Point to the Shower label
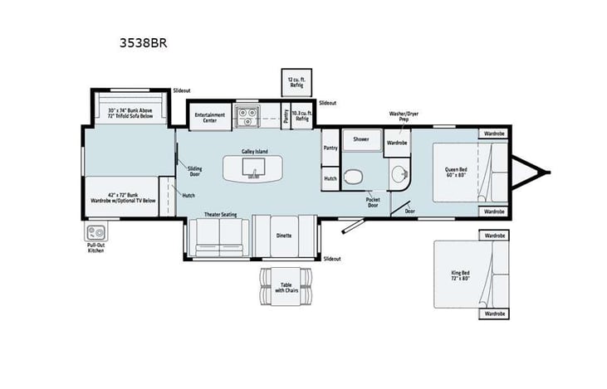pos(361,139)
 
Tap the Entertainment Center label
pos(210,117)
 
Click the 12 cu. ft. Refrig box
pos(297,80)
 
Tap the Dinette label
pos(284,235)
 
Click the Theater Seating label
pos(221,214)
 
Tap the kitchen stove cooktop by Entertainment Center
pos(247,117)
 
